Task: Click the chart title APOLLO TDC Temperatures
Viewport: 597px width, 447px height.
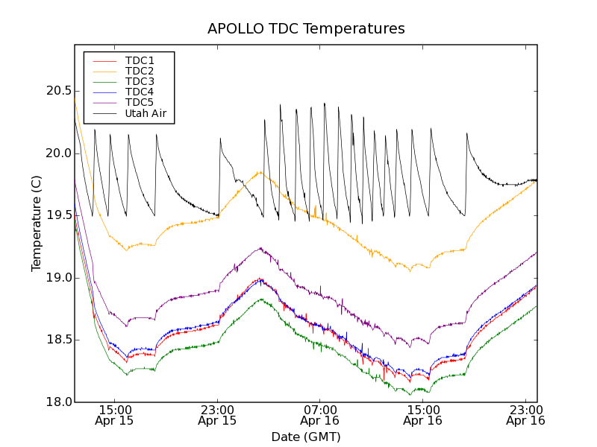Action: coord(306,29)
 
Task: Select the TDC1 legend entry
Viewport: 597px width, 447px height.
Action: coord(140,60)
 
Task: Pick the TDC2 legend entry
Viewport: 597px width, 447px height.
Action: coord(140,71)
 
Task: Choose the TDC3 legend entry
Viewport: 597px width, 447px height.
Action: coord(140,81)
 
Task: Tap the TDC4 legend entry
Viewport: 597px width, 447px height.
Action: coord(140,92)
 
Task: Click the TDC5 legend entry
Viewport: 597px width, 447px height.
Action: coord(140,102)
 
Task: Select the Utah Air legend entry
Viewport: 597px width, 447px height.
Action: coord(146,114)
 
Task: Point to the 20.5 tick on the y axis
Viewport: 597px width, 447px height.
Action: coord(57,91)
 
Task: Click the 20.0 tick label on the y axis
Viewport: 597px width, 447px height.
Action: coord(57,153)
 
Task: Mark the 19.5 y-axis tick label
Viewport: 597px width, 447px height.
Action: coord(57,215)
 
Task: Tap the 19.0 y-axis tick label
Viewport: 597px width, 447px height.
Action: coord(57,278)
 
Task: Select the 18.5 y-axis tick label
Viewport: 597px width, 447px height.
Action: coord(57,340)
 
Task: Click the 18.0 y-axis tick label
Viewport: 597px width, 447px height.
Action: coord(57,402)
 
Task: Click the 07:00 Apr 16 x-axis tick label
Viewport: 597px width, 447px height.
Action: coord(320,415)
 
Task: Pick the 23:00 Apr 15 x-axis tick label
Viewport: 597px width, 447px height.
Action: coord(217,415)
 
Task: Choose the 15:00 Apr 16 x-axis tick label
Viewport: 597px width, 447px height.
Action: coord(423,415)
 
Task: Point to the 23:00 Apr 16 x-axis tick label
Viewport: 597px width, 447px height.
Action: coord(525,415)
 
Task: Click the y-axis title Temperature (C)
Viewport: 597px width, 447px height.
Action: coord(37,223)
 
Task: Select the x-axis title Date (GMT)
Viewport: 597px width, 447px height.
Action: coord(306,437)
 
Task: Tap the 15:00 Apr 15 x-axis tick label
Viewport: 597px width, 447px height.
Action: coord(114,415)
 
